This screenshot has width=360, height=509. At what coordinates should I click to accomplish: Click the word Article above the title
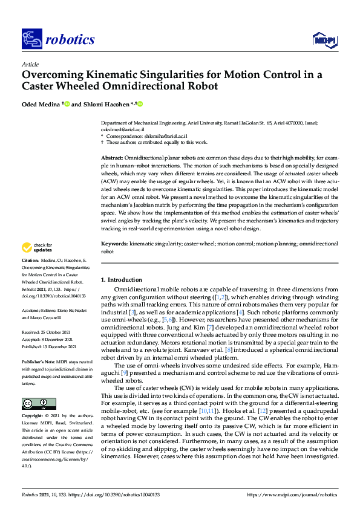(30, 63)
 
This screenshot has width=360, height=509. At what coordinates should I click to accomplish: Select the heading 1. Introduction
(122, 280)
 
